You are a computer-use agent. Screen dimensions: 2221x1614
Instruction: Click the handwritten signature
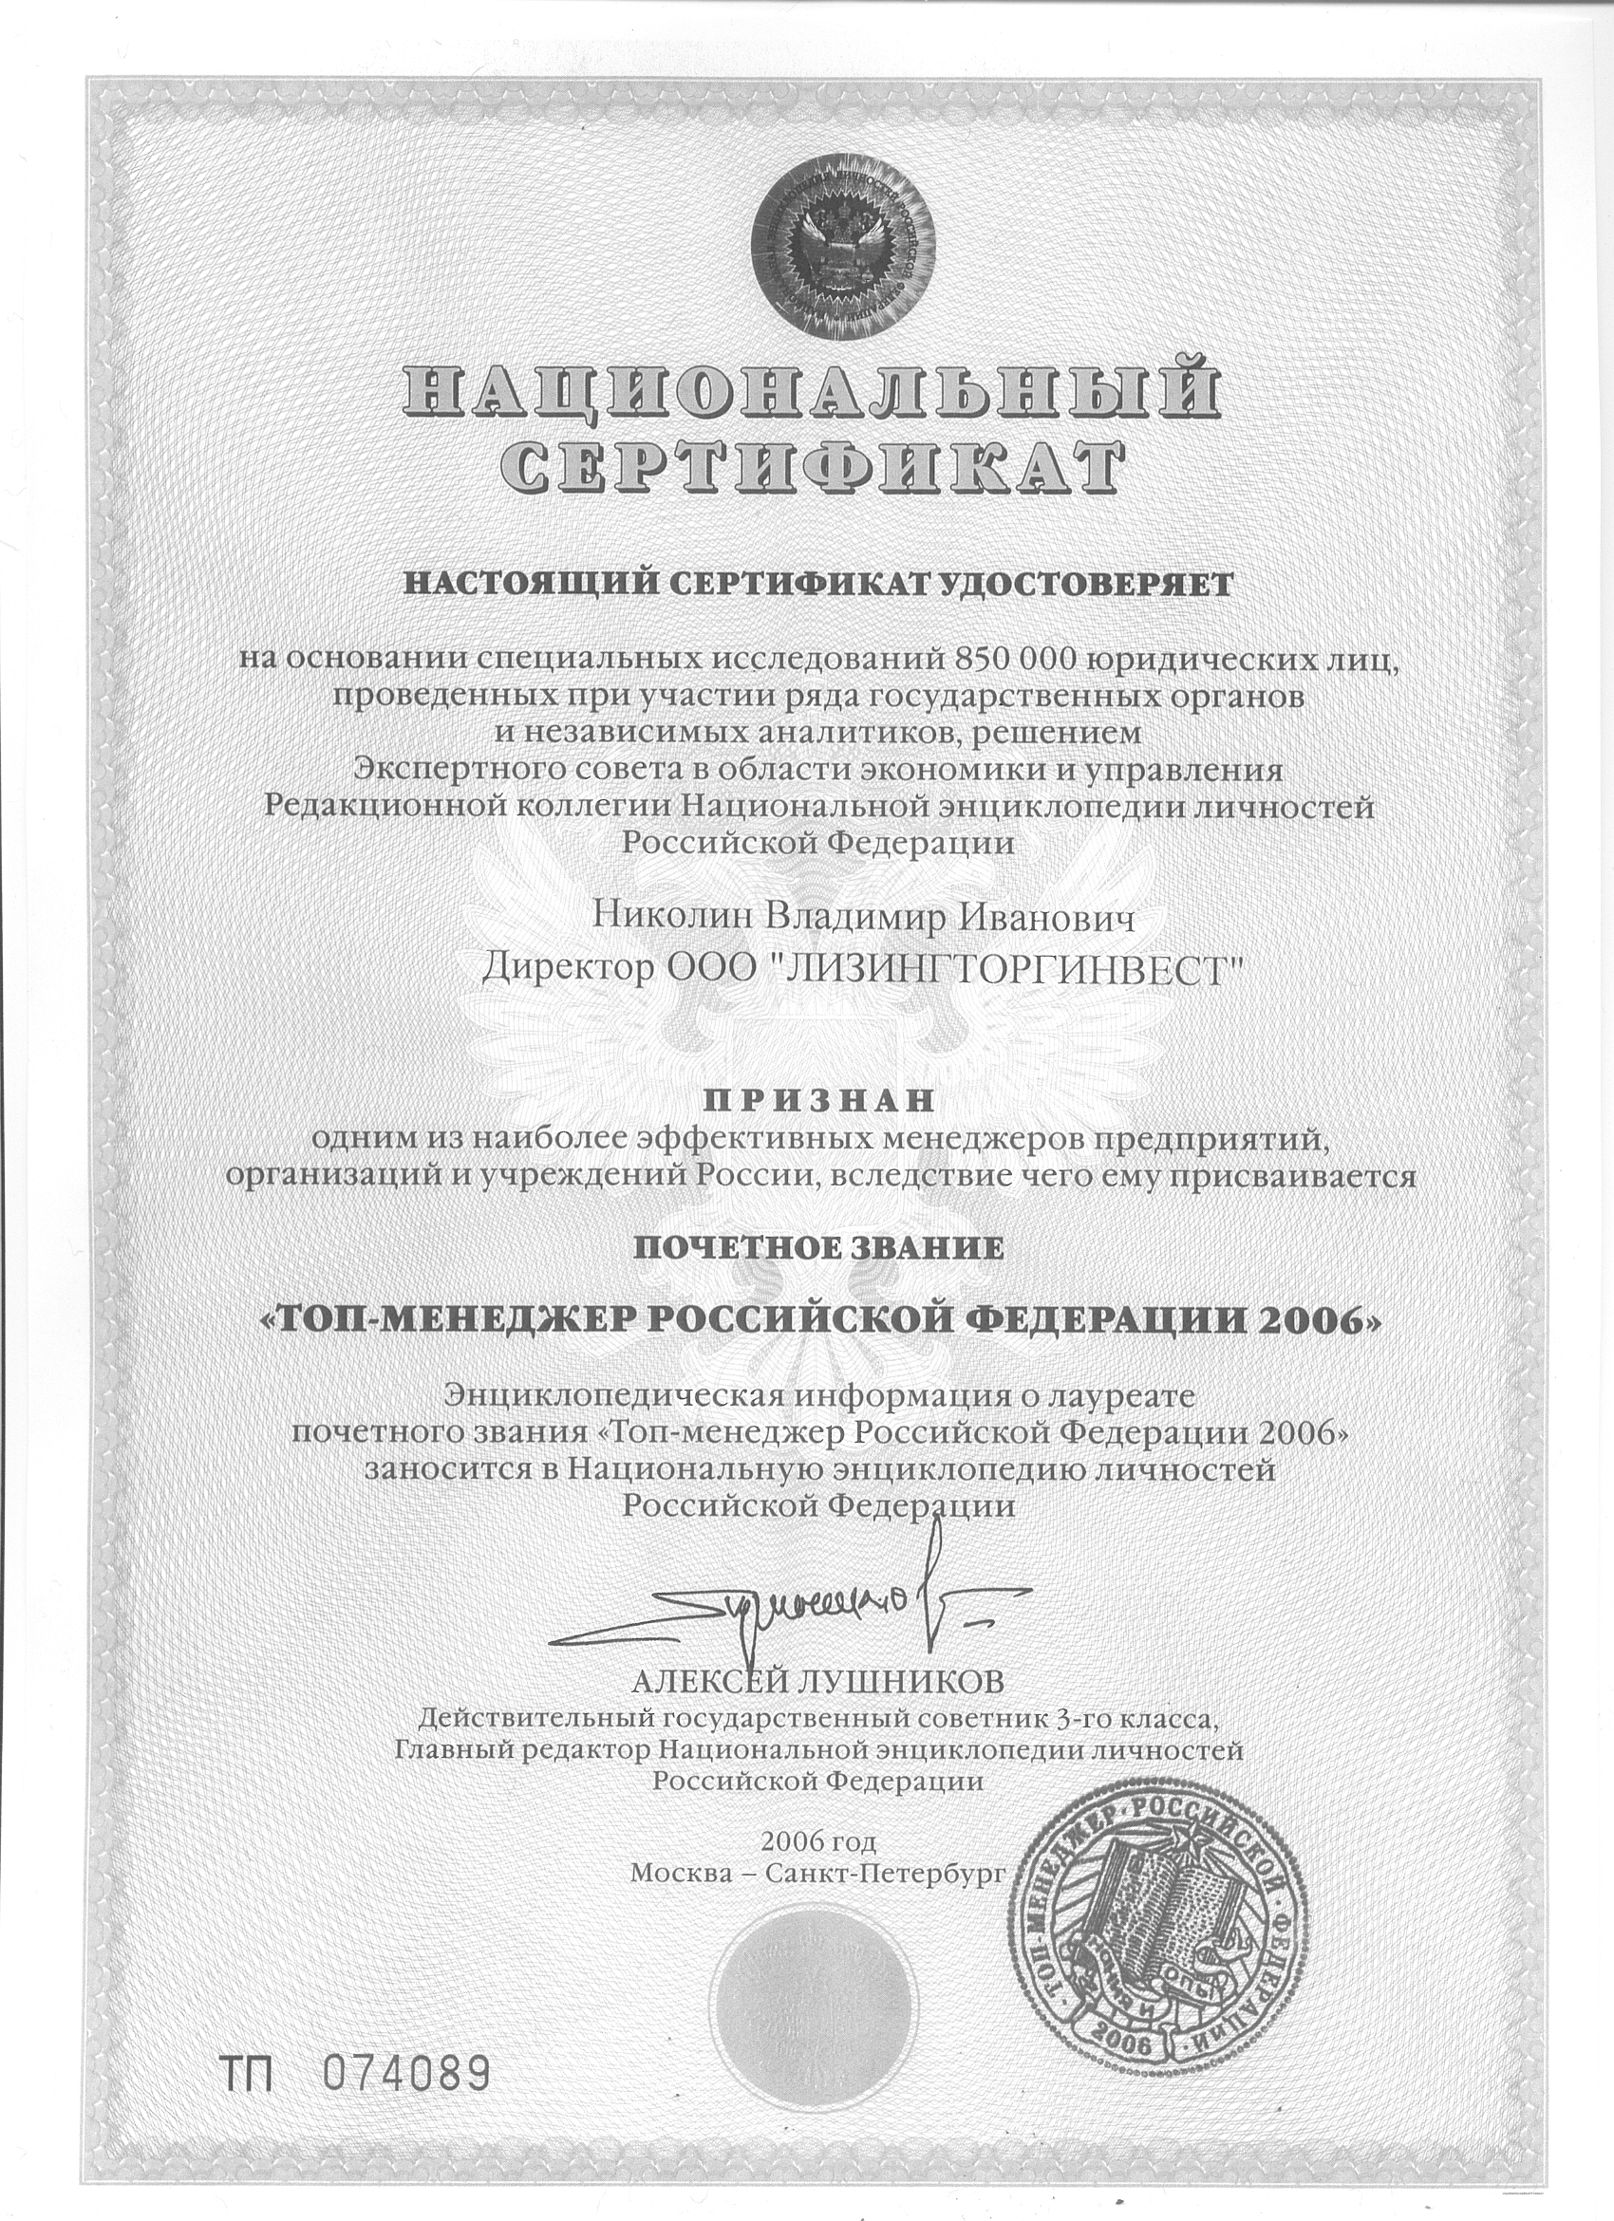[x=794, y=1602]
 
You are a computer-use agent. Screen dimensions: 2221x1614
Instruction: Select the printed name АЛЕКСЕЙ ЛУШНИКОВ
[x=818, y=1682]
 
